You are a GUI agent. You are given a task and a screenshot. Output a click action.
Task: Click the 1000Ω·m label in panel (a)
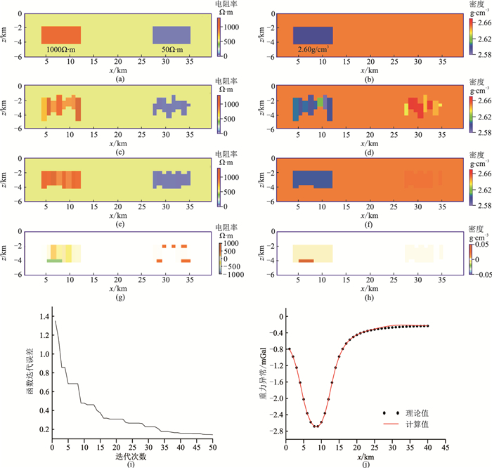pos(61,51)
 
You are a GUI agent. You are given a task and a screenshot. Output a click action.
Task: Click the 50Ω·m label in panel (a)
pos(172,51)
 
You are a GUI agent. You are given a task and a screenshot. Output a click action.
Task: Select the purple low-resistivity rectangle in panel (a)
pos(172,35)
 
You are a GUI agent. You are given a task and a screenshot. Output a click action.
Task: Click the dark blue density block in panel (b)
pos(313,35)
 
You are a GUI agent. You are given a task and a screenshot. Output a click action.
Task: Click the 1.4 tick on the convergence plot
pos(44,318)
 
